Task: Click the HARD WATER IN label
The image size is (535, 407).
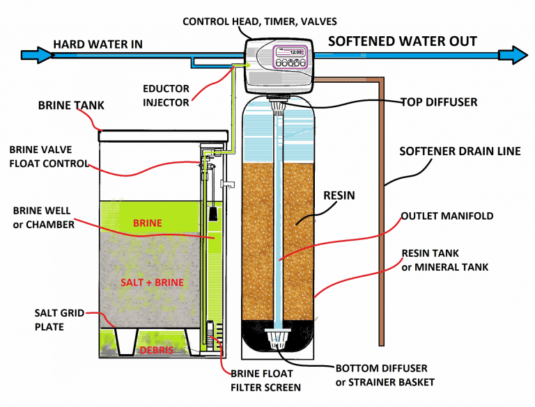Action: tap(98, 45)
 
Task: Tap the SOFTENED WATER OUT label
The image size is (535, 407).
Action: tap(402, 41)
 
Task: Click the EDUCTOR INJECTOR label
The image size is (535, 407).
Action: tap(166, 96)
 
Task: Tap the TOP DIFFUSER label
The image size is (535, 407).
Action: tap(438, 102)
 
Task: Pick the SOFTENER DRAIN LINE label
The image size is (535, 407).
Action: tap(459, 151)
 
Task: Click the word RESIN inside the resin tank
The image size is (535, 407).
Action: tap(338, 195)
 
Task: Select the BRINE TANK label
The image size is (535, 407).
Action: tap(70, 106)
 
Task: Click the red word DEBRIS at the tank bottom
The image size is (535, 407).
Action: tap(155, 349)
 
